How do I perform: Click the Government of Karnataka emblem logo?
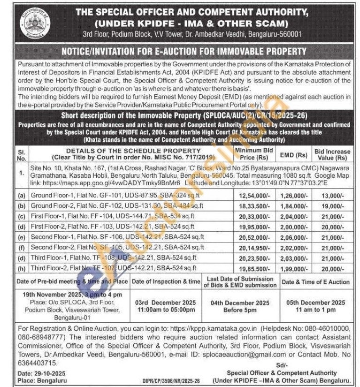coord(32,24)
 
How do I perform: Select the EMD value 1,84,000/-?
coord(295,206)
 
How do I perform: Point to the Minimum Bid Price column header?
coord(254,153)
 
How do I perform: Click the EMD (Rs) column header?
coord(294,154)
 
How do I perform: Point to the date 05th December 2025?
coord(315,303)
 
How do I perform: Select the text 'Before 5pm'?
coord(240,310)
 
